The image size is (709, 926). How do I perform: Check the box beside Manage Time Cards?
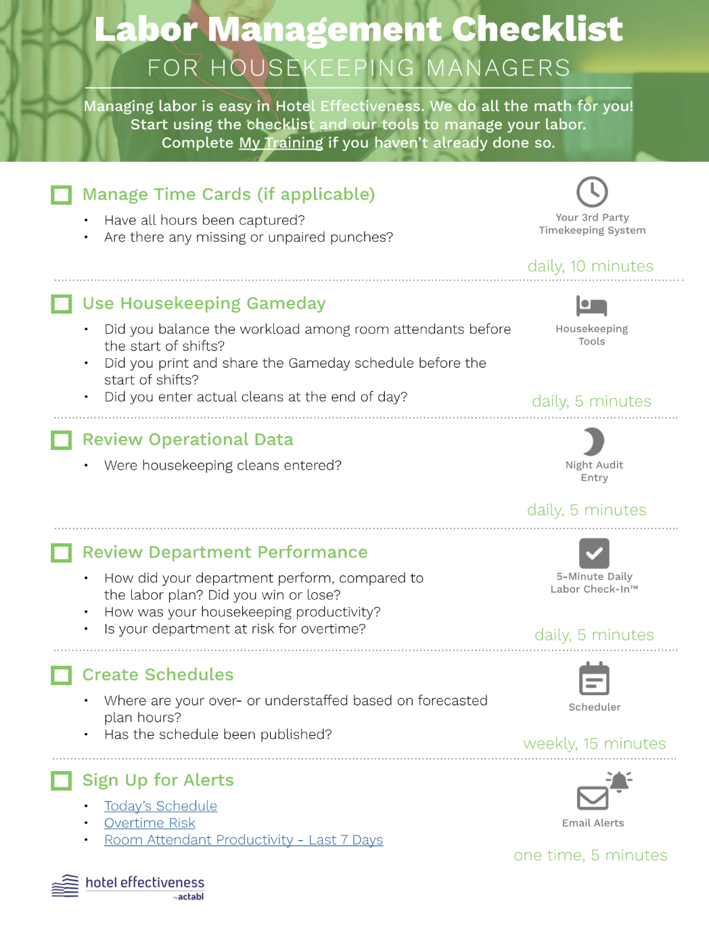coord(62,195)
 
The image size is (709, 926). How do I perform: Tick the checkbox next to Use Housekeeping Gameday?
coord(62,304)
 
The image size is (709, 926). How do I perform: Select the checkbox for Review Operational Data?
coord(62,441)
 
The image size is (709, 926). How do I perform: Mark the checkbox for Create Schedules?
coord(62,675)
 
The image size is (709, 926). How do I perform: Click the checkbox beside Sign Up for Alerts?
coord(62,781)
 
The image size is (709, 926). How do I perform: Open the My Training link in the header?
coord(281,143)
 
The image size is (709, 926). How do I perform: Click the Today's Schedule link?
coord(160,806)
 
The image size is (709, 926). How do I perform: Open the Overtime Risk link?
coord(150,823)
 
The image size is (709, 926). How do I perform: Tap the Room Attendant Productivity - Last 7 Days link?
coord(244,840)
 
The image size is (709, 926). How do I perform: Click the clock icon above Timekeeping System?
coord(592,192)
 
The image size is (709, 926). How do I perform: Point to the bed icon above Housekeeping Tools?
coord(592,306)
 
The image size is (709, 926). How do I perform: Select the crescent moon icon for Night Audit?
coord(593,441)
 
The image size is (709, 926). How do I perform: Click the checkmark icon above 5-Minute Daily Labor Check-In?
coord(594,553)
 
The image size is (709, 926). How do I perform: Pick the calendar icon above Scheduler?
coord(594,679)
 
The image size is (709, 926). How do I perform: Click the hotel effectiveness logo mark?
coord(65,885)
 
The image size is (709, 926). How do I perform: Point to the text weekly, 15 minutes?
coord(595,743)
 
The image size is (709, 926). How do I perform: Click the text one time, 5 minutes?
coord(591,855)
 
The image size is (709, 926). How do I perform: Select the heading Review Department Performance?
coord(225,552)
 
